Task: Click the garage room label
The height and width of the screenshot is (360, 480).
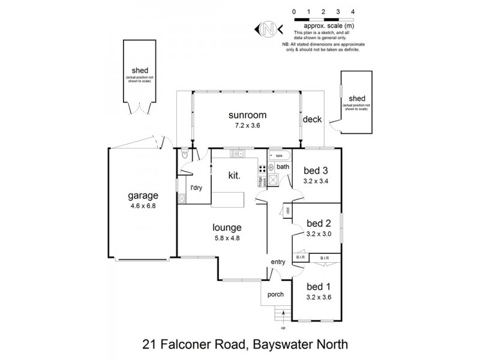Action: [x=143, y=196]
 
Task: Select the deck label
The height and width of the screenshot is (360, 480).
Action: [x=312, y=119]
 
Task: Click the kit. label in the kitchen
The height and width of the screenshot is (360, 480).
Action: [x=235, y=176]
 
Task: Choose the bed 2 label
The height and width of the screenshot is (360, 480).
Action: [x=317, y=224]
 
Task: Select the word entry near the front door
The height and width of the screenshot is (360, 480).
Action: [x=278, y=262]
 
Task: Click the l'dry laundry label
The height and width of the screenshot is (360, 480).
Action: [x=196, y=188]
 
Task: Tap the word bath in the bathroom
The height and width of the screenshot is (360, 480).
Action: [x=283, y=167]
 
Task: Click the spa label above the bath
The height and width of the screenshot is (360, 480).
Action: [x=279, y=155]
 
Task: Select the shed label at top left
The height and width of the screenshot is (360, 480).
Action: [x=139, y=70]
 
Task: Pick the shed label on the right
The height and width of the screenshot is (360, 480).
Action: [x=357, y=99]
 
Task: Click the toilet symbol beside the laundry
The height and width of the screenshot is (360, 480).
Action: [x=185, y=155]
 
